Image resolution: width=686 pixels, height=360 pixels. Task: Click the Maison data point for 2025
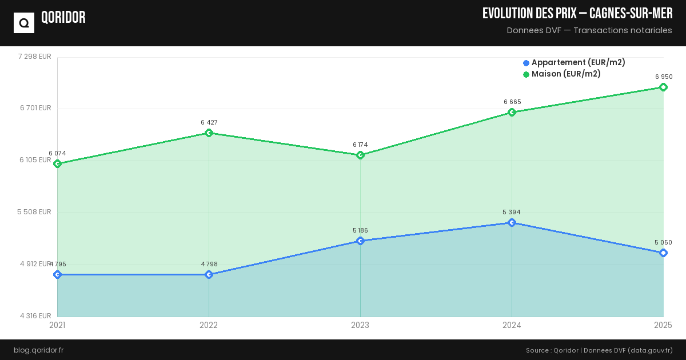663,87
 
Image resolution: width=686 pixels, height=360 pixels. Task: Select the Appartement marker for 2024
512,222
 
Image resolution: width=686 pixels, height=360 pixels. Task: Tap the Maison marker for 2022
209,133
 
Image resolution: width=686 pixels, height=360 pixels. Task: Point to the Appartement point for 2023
360,241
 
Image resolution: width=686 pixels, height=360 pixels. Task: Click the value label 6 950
664,77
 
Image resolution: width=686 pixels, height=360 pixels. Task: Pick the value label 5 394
512,212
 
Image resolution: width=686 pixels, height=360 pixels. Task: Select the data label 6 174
361,145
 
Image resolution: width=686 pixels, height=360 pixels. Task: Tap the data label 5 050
663,242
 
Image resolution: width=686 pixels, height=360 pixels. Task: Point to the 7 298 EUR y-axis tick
35,57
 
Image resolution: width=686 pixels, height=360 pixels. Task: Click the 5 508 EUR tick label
34,212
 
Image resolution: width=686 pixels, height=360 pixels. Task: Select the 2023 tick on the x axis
360,325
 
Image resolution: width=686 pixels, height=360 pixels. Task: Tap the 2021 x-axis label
57,325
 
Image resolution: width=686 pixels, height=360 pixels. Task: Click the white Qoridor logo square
24,23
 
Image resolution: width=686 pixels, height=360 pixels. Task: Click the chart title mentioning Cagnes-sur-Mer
577,14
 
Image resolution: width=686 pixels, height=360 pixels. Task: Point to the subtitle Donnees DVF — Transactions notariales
589,30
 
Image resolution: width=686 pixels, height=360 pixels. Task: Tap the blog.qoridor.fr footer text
38,350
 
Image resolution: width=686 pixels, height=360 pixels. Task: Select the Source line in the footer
599,350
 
